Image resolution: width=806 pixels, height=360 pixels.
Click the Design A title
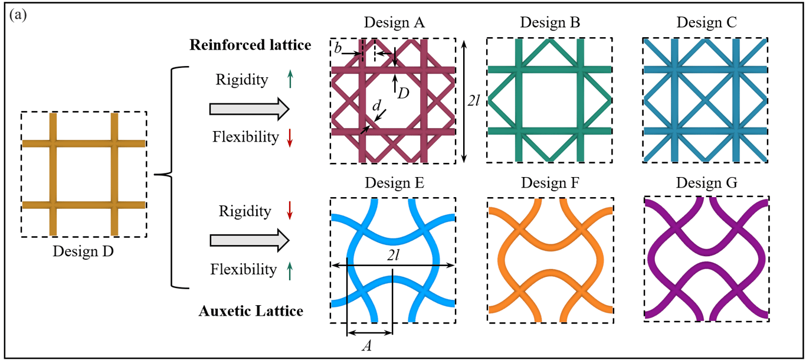point(394,22)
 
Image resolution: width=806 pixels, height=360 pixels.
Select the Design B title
point(550,22)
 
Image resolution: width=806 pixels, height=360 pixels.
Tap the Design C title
point(707,22)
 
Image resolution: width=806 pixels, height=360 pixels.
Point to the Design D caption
point(83,251)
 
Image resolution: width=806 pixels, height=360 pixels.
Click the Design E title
point(395,183)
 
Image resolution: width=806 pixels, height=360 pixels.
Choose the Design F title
point(550,183)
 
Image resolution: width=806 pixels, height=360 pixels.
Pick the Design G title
point(707,183)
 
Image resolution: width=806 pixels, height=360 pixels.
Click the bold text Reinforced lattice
point(250,45)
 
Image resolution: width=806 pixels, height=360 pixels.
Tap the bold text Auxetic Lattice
point(251,311)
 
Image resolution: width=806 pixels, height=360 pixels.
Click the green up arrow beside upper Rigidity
point(290,79)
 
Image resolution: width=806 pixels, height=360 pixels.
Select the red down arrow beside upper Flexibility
point(290,138)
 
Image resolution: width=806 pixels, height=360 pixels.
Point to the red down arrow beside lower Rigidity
point(290,211)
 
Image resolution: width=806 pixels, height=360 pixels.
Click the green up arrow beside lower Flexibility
point(290,271)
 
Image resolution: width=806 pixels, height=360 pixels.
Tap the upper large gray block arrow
point(250,109)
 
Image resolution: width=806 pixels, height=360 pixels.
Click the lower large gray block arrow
point(250,240)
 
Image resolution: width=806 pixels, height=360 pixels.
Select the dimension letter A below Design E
point(367,346)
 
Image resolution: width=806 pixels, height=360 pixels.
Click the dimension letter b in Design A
point(338,48)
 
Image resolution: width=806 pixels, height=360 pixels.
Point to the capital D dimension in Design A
point(404,94)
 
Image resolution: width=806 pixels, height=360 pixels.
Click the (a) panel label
point(18,15)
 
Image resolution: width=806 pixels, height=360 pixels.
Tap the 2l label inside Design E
point(394,255)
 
